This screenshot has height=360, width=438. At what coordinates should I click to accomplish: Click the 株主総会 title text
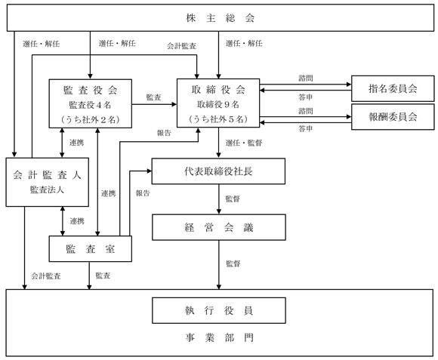pos(220,18)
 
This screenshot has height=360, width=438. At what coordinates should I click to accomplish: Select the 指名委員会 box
pos(393,88)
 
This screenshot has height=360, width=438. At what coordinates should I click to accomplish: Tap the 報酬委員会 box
pos(393,117)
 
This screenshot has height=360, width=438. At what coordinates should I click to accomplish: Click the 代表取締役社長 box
pos(218,171)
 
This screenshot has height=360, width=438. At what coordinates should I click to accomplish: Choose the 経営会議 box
pos(219,227)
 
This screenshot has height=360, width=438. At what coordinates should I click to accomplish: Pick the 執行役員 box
pos(219,310)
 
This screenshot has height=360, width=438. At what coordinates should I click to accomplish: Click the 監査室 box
pos(90,249)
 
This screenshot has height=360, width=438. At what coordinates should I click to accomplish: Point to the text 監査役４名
pos(90,105)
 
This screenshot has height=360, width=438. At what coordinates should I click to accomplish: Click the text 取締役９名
pos(218,104)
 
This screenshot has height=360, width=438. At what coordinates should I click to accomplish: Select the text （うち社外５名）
pos(218,119)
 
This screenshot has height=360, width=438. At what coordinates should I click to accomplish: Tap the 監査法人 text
pos(47,189)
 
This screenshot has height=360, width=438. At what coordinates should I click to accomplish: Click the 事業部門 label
pos(219,337)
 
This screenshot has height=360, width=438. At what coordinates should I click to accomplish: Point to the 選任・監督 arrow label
pos(244,143)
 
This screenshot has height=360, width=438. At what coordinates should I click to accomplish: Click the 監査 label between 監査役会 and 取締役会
pos(153,97)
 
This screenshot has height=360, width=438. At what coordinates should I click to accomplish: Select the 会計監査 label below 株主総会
pos(181,46)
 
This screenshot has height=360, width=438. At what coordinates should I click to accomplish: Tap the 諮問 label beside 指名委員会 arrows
pos(306,78)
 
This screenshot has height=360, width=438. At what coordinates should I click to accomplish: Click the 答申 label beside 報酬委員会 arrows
pos(305,128)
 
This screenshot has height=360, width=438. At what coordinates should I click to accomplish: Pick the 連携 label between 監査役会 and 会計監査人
pos(76,143)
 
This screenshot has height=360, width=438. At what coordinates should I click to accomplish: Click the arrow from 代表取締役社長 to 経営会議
pos(219,199)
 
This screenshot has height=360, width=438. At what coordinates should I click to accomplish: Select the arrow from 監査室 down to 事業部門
pos(89,275)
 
